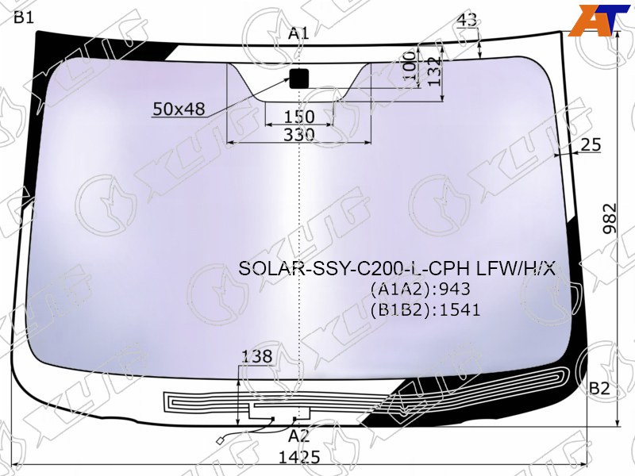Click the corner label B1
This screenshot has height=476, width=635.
pos(24,17)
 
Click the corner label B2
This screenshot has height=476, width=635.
pos(599,388)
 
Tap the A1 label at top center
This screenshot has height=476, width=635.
pos(298,33)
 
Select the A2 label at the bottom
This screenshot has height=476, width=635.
pos(299,436)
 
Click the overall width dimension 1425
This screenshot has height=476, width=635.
pos(299,457)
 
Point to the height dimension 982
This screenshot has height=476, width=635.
pos(610,219)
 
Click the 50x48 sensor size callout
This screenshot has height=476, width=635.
pos(179,109)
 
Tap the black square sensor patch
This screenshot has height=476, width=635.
pos(299,79)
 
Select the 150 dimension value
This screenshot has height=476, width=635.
pos(299,117)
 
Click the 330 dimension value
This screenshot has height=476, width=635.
pos(299,134)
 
